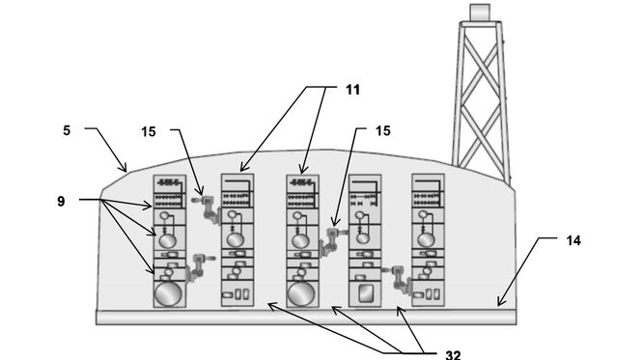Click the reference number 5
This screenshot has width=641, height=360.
[67, 130]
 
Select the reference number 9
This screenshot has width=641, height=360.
[61, 202]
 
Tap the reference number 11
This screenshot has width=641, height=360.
[352, 90]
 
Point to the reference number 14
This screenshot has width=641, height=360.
[573, 240]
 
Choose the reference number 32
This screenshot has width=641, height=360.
[453, 355]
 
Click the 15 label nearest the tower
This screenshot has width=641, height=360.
[383, 130]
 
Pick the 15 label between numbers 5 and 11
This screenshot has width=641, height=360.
[149, 131]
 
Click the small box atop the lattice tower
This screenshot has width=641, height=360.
[480, 12]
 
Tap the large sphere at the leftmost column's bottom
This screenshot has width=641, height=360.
[168, 293]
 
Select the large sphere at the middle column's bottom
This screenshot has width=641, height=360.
[301, 293]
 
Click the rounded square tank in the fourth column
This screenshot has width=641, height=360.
[365, 293]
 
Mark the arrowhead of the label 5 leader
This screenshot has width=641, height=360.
[125, 169]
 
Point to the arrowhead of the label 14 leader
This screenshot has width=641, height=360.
[499, 303]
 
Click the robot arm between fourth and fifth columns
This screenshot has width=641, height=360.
[397, 279]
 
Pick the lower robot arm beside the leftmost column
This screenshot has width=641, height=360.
[198, 266]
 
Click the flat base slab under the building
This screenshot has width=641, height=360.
[306, 318]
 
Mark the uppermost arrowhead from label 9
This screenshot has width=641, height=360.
[149, 207]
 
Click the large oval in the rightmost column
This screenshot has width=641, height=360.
[426, 239]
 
